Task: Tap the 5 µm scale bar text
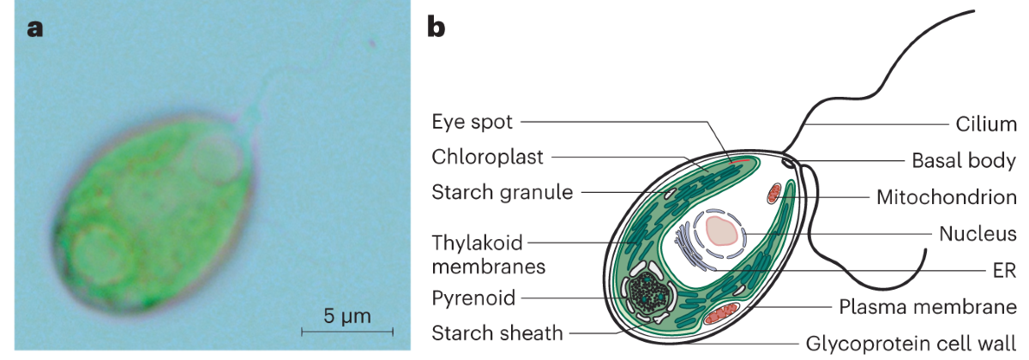pyautogui.click(x=347, y=316)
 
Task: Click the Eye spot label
pyautogui.click(x=472, y=122)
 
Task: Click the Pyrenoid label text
pyautogui.click(x=474, y=298)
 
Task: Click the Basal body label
pyautogui.click(x=963, y=160)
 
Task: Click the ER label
pyautogui.click(x=1002, y=270)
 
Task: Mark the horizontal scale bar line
pyautogui.click(x=347, y=331)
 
